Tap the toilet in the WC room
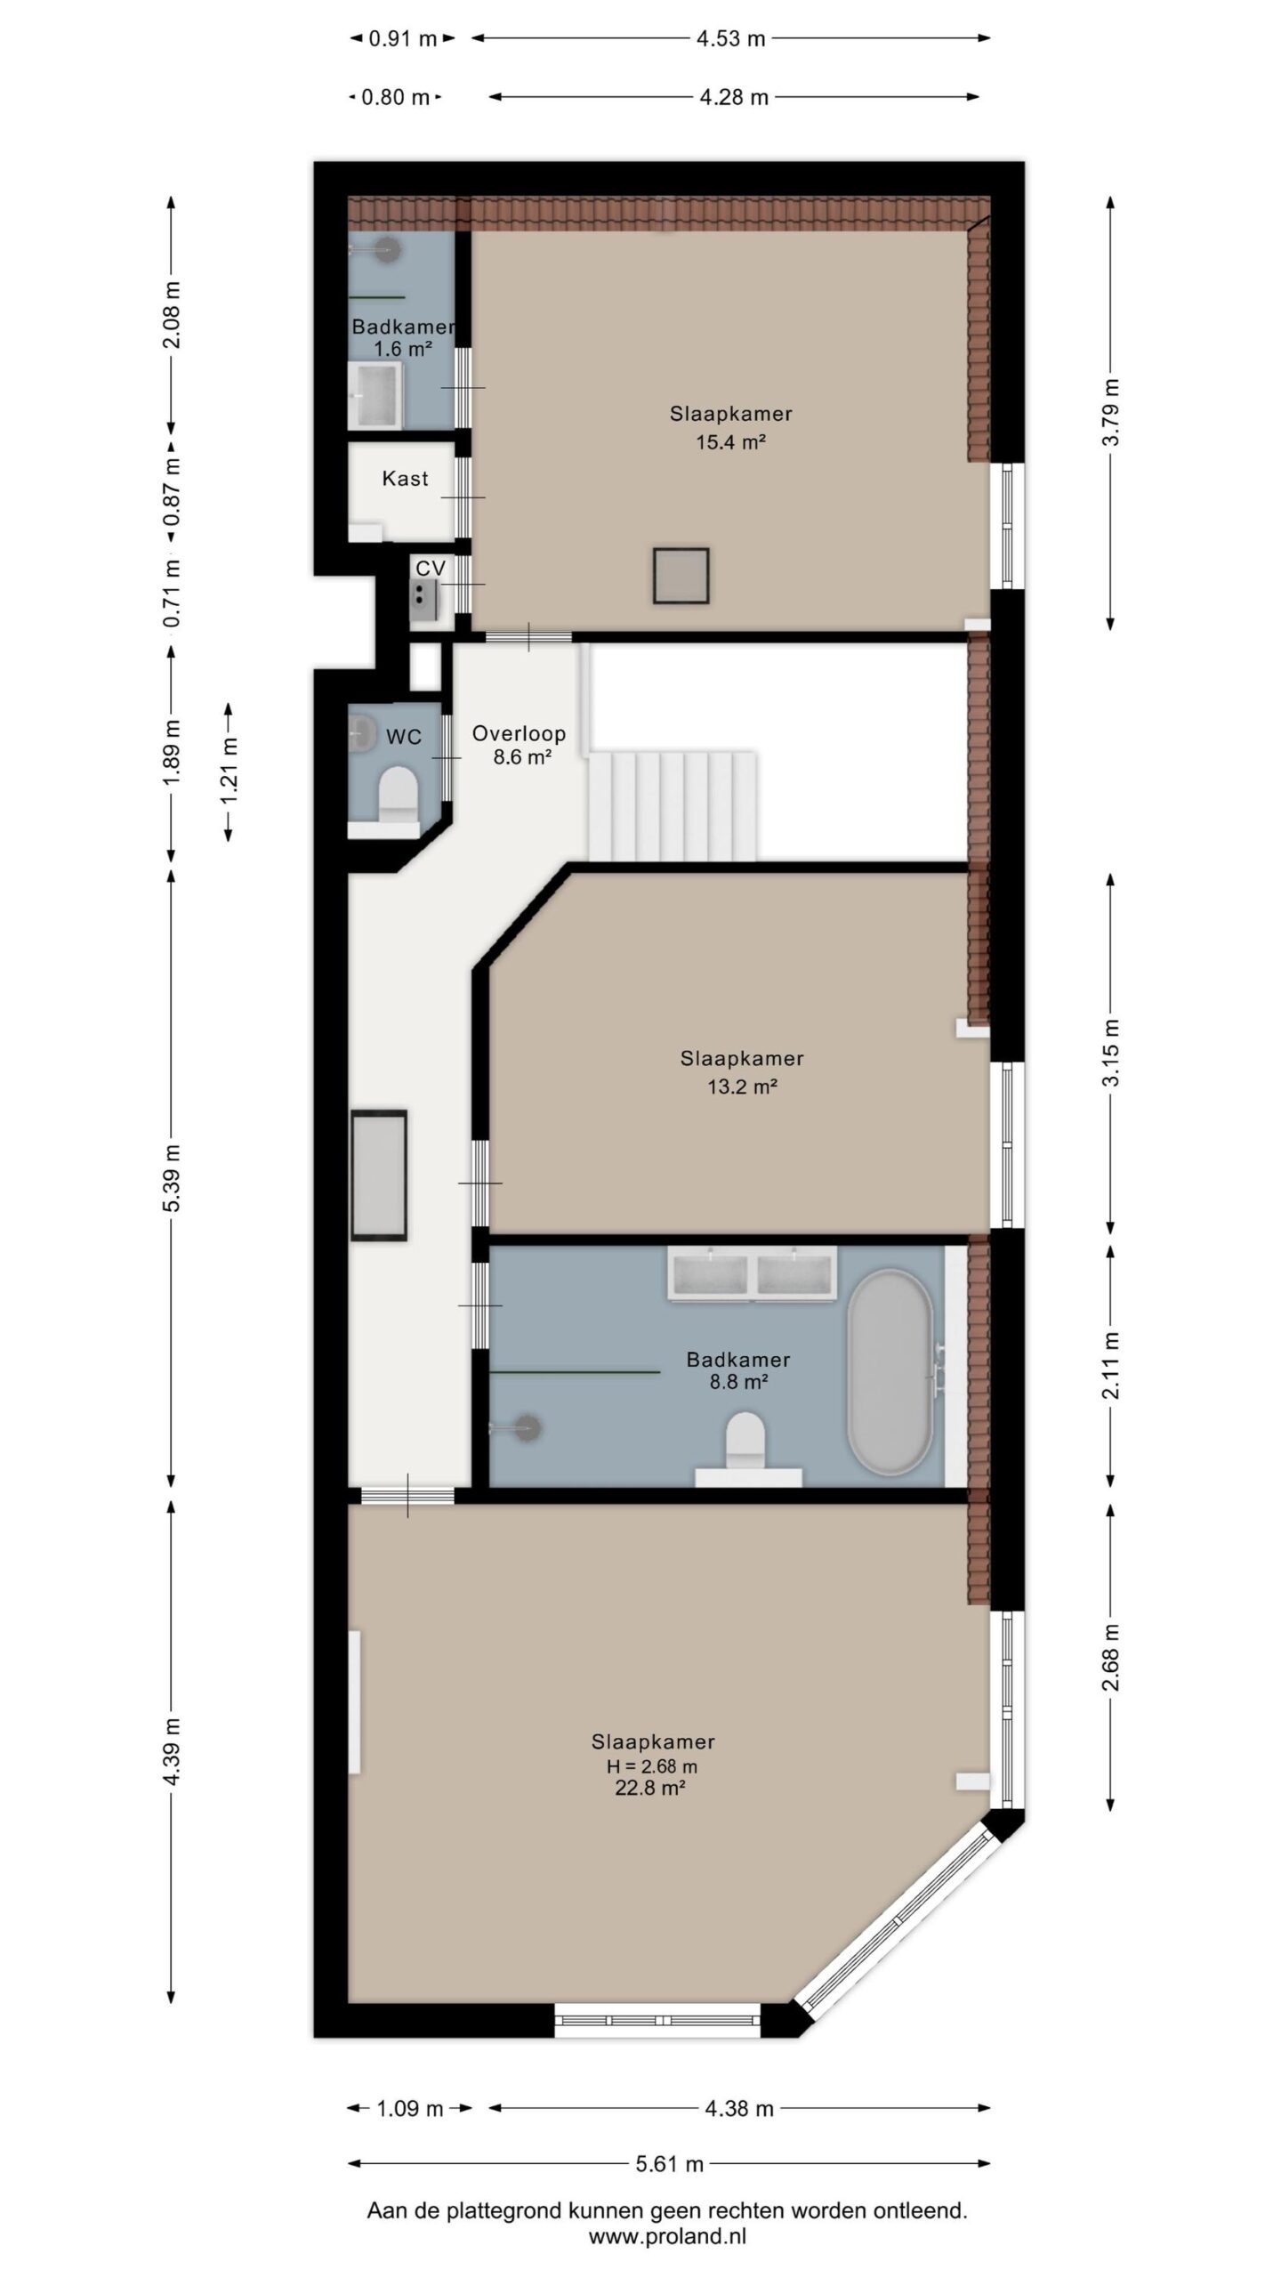point(398,794)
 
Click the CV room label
point(431,569)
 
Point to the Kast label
point(405,479)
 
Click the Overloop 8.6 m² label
point(520,745)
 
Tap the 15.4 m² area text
point(731,441)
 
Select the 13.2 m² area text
point(743,1086)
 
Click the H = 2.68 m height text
point(652,1766)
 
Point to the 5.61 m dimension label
point(669,2164)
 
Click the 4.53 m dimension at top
point(731,38)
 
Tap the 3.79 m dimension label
point(1111,414)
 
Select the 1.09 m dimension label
point(410,2108)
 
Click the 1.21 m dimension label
point(230,771)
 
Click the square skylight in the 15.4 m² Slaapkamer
point(681,576)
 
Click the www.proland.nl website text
point(667,2235)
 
